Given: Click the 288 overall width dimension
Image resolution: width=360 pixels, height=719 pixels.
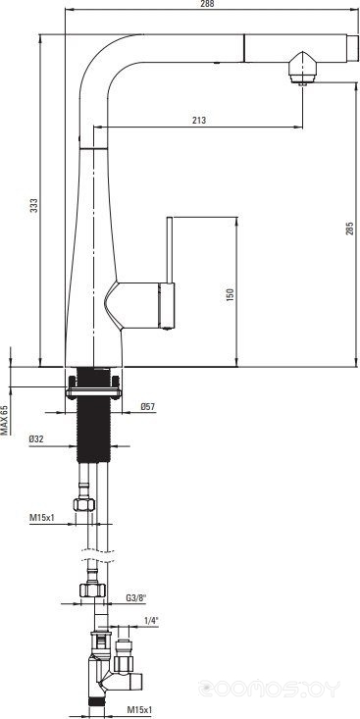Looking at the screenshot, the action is coord(207,4).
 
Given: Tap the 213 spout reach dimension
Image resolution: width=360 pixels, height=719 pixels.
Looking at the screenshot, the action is coord(199,121).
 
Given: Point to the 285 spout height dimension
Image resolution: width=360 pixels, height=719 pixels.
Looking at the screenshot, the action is coord(350,229).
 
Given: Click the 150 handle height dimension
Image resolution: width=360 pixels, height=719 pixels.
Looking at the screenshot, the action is coord(231,294).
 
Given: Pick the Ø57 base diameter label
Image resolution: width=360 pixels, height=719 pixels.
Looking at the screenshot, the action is coord(148,406).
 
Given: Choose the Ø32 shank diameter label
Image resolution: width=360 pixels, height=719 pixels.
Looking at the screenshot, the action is coord(36,438).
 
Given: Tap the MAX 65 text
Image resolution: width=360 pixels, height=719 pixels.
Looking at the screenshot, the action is coord(4,420).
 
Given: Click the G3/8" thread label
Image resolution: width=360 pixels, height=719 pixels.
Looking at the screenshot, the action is coord(135,598).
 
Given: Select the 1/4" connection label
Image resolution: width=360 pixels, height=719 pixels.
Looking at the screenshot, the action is coord(151,621).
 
